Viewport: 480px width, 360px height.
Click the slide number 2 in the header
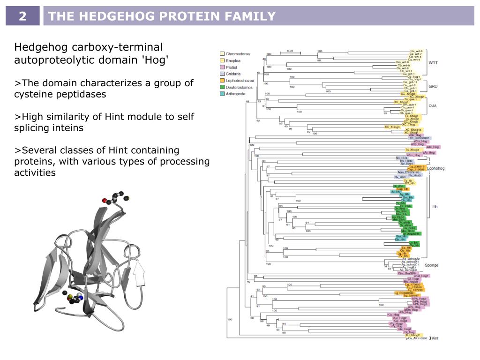coord(23,17)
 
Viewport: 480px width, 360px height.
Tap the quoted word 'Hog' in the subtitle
coord(156,60)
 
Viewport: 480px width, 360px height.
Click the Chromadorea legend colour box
coord(222,54)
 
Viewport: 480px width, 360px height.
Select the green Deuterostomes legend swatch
coord(222,87)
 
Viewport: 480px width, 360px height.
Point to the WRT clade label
coord(434,62)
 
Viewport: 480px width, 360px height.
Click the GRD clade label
coord(433,87)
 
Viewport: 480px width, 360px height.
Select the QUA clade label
coord(433,105)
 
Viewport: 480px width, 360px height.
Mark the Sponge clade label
coord(431,265)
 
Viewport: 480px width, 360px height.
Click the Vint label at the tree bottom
coord(435,338)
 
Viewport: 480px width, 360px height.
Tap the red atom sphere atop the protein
coord(105,201)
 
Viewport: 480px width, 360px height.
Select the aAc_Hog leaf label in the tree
coord(432,147)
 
